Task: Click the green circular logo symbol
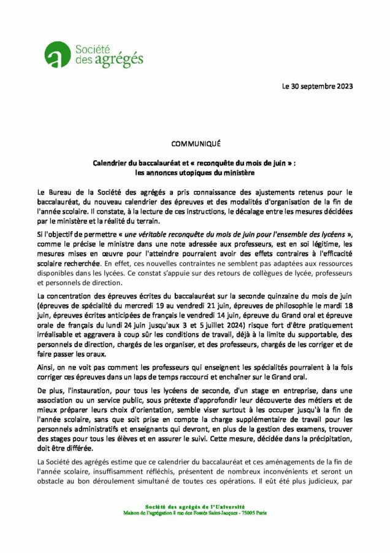coord(59,55)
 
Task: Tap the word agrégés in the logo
coord(123,59)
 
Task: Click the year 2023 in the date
coord(343,86)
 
